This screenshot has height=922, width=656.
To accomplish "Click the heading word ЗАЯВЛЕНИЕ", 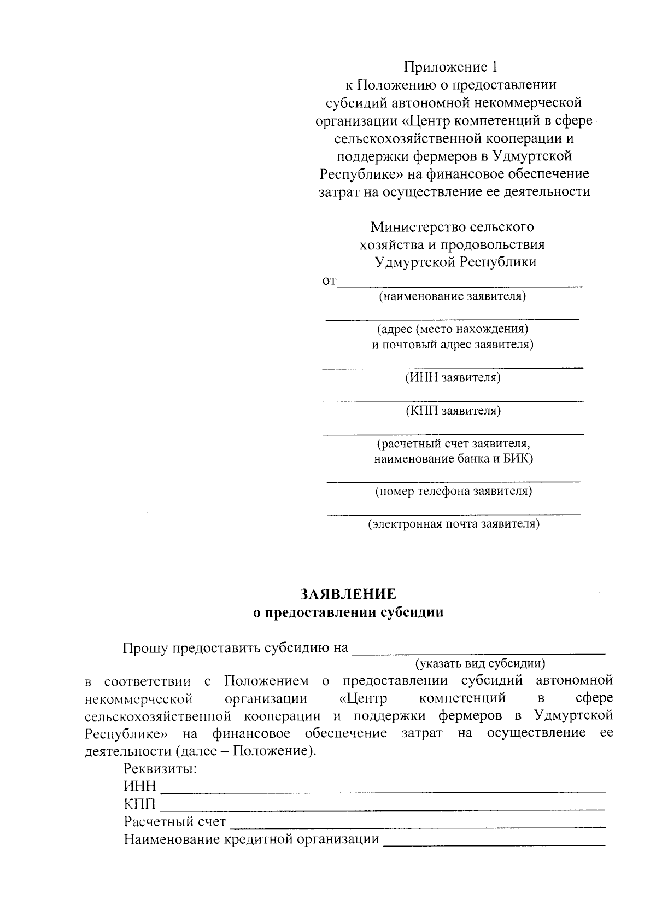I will coord(348,594).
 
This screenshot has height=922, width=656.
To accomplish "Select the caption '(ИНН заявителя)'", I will coord(453,377).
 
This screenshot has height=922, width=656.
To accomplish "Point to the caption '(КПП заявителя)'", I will coord(453,410).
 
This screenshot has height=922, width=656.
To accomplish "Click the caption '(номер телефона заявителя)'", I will coord(453,491).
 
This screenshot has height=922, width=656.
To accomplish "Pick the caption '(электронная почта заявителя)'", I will coord(454,524).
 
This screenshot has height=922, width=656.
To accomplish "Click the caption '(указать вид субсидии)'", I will coord(481,664).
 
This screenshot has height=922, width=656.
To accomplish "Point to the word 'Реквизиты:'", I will coord(160,769).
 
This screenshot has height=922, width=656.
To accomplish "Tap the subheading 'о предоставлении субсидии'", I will coord(348,612).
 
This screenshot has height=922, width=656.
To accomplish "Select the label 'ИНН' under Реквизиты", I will coord(140,786).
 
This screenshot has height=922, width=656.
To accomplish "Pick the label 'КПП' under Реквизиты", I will coord(139,804).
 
